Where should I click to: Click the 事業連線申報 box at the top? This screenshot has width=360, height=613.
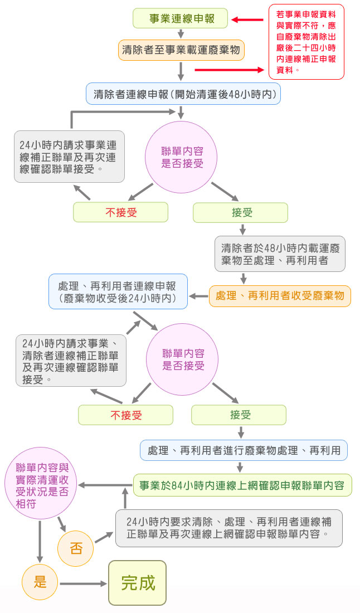[x=181, y=19]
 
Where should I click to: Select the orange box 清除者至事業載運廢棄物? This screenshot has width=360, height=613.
[x=181, y=50]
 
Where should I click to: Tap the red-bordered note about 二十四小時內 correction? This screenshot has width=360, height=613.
[x=306, y=42]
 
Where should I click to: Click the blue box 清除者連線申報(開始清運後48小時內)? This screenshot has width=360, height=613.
[x=183, y=94]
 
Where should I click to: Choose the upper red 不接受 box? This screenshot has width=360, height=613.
[x=121, y=212]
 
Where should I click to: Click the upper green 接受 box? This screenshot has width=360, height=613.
[x=241, y=212]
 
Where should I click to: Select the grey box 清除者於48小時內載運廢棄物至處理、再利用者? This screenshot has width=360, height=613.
[x=280, y=254]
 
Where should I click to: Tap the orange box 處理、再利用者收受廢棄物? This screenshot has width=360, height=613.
[x=280, y=295]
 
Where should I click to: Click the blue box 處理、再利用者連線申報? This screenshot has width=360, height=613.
[x=118, y=292]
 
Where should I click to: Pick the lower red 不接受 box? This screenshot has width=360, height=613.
[x=125, y=415]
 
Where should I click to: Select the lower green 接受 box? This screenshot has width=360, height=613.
[x=239, y=415]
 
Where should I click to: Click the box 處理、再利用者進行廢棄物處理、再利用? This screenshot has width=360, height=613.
[x=244, y=450]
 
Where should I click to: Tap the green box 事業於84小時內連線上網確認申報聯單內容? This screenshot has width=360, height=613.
[x=242, y=485]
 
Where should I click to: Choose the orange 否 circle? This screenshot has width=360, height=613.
[x=75, y=547]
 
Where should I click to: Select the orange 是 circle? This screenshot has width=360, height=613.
[x=40, y=582]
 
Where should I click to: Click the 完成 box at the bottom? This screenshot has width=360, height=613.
[x=138, y=583]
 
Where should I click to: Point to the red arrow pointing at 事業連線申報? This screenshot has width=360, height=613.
[x=247, y=20]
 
